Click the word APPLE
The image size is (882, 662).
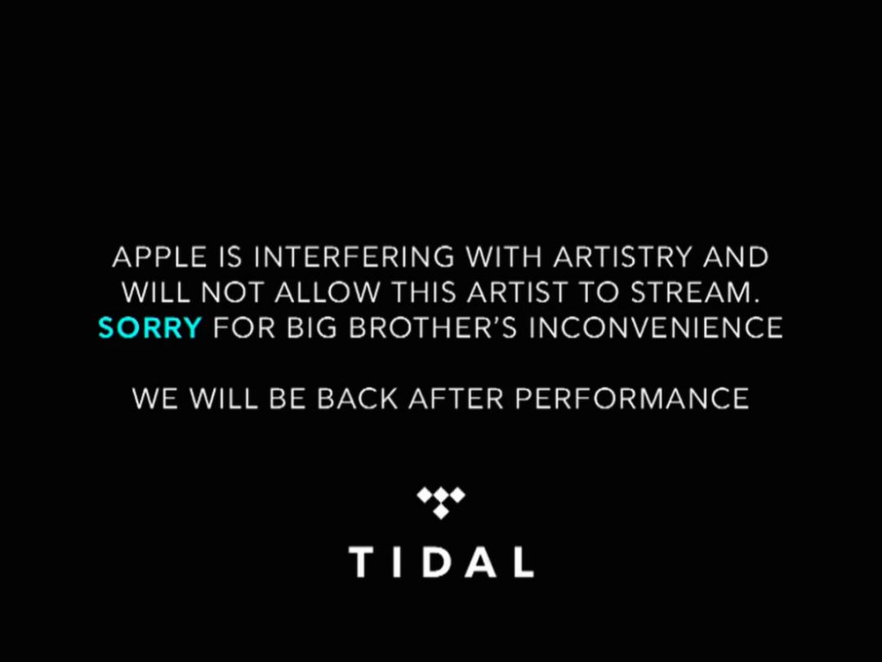pos(160,257)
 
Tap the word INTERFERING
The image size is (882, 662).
pos(354,257)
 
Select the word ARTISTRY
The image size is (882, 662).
pos(622,257)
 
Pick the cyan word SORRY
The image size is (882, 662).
pos(149,328)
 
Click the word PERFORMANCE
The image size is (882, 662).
pos(631,399)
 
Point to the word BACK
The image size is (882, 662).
pos(357,399)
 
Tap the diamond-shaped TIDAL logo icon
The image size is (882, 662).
pos(441,502)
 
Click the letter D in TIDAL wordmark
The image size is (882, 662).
pos(439,561)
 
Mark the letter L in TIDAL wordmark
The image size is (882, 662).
pos(523,561)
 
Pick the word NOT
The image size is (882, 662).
pos(232,293)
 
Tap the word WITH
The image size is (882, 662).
pos(504,257)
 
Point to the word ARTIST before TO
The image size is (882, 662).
pos(516,293)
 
